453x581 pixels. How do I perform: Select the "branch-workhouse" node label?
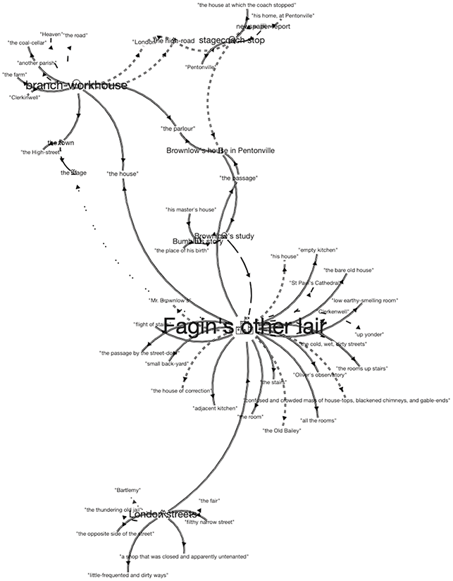pyautogui.click(x=75, y=85)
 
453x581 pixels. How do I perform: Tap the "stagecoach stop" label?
pyautogui.click(x=232, y=40)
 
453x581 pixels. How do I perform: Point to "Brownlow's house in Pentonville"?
pyautogui.click(x=221, y=150)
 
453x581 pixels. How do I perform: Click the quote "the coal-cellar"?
pyautogui.click(x=27, y=42)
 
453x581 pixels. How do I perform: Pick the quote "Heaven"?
pyautogui.click(x=51, y=34)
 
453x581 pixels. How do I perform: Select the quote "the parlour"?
pyautogui.click(x=178, y=128)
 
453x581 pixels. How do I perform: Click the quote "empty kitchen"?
pyautogui.click(x=318, y=250)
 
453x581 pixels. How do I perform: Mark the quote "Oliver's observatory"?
pyautogui.click(x=320, y=374)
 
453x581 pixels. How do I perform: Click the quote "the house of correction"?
pyautogui.click(x=179, y=390)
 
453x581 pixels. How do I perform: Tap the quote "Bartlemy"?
pyautogui.click(x=128, y=489)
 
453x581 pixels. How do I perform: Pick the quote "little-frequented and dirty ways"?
pyautogui.click(x=128, y=575)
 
